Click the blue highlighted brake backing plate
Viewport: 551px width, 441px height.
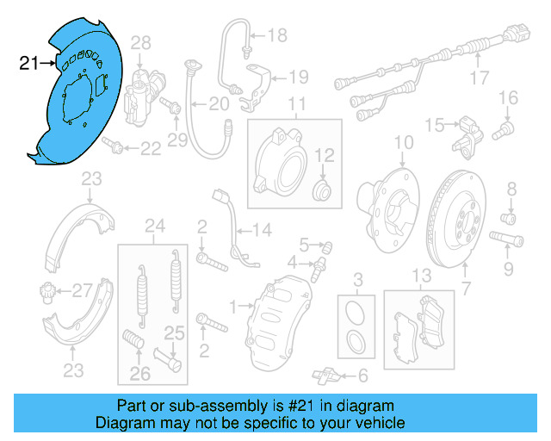pyautogui.click(x=77, y=95)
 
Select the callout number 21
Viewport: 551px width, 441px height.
pyautogui.click(x=28, y=62)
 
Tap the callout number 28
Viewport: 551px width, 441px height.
pyautogui.click(x=140, y=42)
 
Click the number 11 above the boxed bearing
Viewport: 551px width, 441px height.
pyautogui.click(x=297, y=106)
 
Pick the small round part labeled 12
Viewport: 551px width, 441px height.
pyautogui.click(x=322, y=189)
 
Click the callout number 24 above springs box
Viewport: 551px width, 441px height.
pyautogui.click(x=155, y=227)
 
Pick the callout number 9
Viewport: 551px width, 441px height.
pyautogui.click(x=508, y=269)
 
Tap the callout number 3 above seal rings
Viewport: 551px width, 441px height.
pyautogui.click(x=358, y=277)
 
